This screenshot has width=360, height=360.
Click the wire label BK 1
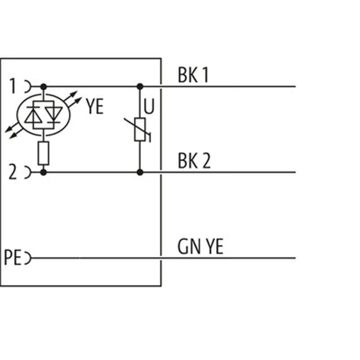click(193, 76)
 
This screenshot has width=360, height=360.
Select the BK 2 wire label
click(194, 161)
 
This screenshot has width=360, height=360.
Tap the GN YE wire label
click(200, 247)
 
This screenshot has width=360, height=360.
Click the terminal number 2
click(13, 171)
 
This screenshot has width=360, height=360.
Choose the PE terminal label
click(13, 258)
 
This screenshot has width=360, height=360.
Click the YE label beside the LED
click(94, 107)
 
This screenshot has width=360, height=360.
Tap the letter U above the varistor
click(149, 108)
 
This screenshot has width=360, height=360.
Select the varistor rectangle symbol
click(139, 130)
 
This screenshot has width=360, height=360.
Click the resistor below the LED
click(43, 153)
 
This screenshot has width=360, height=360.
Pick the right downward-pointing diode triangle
click(54, 115)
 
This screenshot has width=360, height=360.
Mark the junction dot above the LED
click(43, 86)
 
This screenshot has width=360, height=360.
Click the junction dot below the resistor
click(43, 172)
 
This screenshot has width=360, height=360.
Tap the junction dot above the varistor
click(140, 86)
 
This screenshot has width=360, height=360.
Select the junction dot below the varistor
click(140, 172)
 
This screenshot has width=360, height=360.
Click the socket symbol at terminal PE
click(28, 258)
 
